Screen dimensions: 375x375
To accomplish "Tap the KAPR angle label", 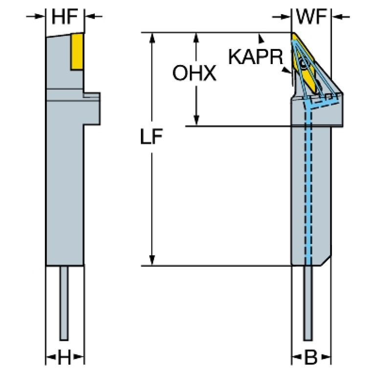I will pyautogui.click(x=255, y=57).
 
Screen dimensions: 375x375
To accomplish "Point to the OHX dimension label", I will pyautogui.click(x=194, y=74).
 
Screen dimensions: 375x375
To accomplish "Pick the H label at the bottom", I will pyautogui.click(x=65, y=358).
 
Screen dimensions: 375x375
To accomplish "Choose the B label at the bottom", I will pyautogui.click(x=311, y=358).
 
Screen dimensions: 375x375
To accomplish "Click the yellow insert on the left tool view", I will pyautogui.click(x=76, y=51).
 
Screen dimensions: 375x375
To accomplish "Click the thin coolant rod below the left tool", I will pyautogui.click(x=64, y=303).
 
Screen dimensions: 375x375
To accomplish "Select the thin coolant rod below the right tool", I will pyautogui.click(x=308, y=303).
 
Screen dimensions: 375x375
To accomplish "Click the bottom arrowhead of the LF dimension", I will pyautogui.click(x=153, y=260).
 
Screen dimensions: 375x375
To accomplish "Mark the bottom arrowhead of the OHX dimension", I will pyautogui.click(x=196, y=120).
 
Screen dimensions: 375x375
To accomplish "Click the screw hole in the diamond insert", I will pyautogui.click(x=305, y=64).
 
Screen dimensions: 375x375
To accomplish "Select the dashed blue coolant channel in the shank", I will pyautogui.click(x=309, y=186).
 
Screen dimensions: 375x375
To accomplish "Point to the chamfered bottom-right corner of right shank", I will pyautogui.click(x=326, y=261).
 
